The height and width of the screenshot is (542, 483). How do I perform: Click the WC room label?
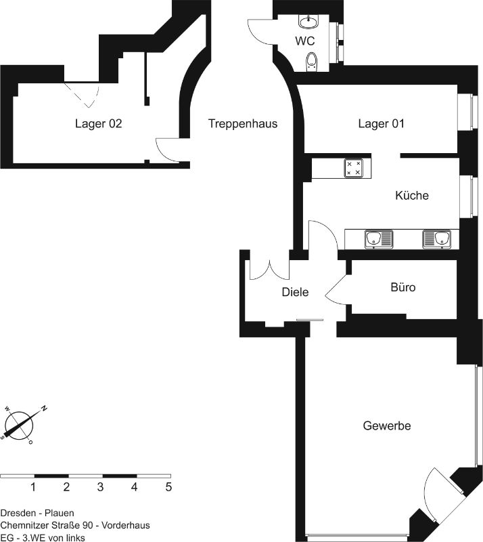(305, 41)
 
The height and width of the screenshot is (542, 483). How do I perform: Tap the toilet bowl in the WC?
(311, 62)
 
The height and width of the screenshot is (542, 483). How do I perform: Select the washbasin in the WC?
(308, 22)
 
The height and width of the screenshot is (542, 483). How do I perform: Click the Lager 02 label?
(98, 123)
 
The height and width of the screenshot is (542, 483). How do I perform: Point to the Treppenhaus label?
(243, 123)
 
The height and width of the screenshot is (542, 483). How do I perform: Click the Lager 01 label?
(381, 123)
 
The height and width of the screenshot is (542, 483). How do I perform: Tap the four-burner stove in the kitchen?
(354, 168)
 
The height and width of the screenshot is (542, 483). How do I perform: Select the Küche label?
(412, 195)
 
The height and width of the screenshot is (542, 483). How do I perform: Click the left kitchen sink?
(379, 239)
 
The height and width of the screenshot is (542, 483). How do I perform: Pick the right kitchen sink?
(437, 239)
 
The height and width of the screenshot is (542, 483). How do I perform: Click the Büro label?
(403, 287)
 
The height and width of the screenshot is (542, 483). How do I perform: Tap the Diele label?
(295, 292)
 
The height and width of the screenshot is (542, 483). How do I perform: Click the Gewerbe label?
(387, 425)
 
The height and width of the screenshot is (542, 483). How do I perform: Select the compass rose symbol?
(20, 425)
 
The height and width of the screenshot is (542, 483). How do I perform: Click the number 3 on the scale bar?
(100, 487)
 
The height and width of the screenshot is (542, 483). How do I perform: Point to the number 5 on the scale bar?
(168, 487)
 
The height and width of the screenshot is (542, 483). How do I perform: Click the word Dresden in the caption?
(18, 513)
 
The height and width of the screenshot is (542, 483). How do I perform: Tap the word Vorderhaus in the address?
(126, 526)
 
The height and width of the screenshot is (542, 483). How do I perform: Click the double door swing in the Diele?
(269, 270)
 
